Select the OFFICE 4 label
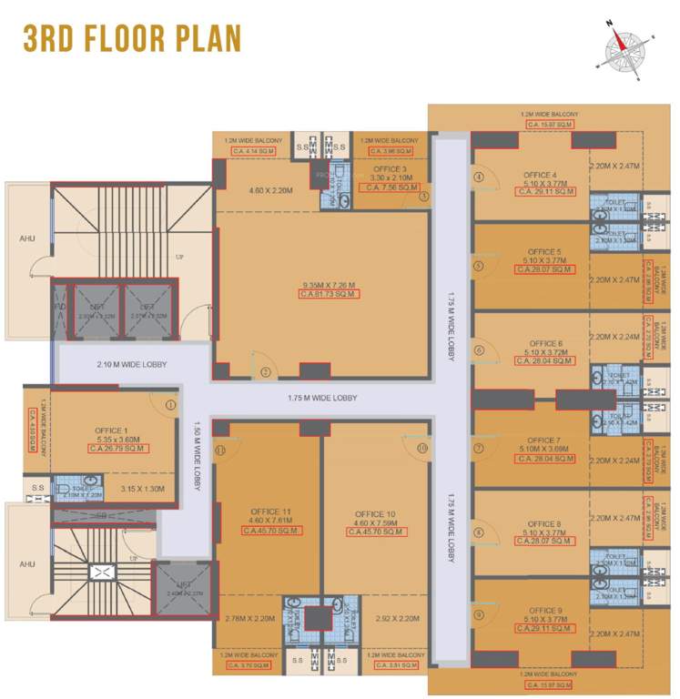(x=541, y=175)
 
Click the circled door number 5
(x=478, y=267)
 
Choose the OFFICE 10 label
(x=375, y=514)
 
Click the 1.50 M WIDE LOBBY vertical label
(x=197, y=453)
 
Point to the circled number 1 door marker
(x=169, y=403)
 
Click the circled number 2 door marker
(x=266, y=371)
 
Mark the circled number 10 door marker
(x=421, y=448)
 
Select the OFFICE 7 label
(x=544, y=441)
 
